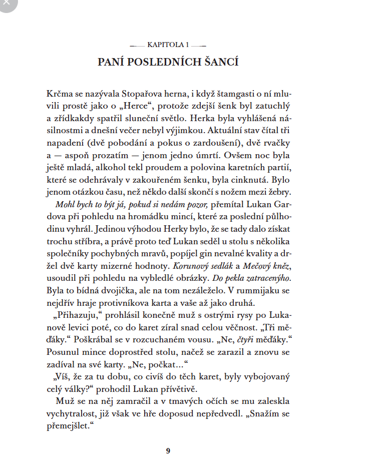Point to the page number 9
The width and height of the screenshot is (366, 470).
(168, 450)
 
